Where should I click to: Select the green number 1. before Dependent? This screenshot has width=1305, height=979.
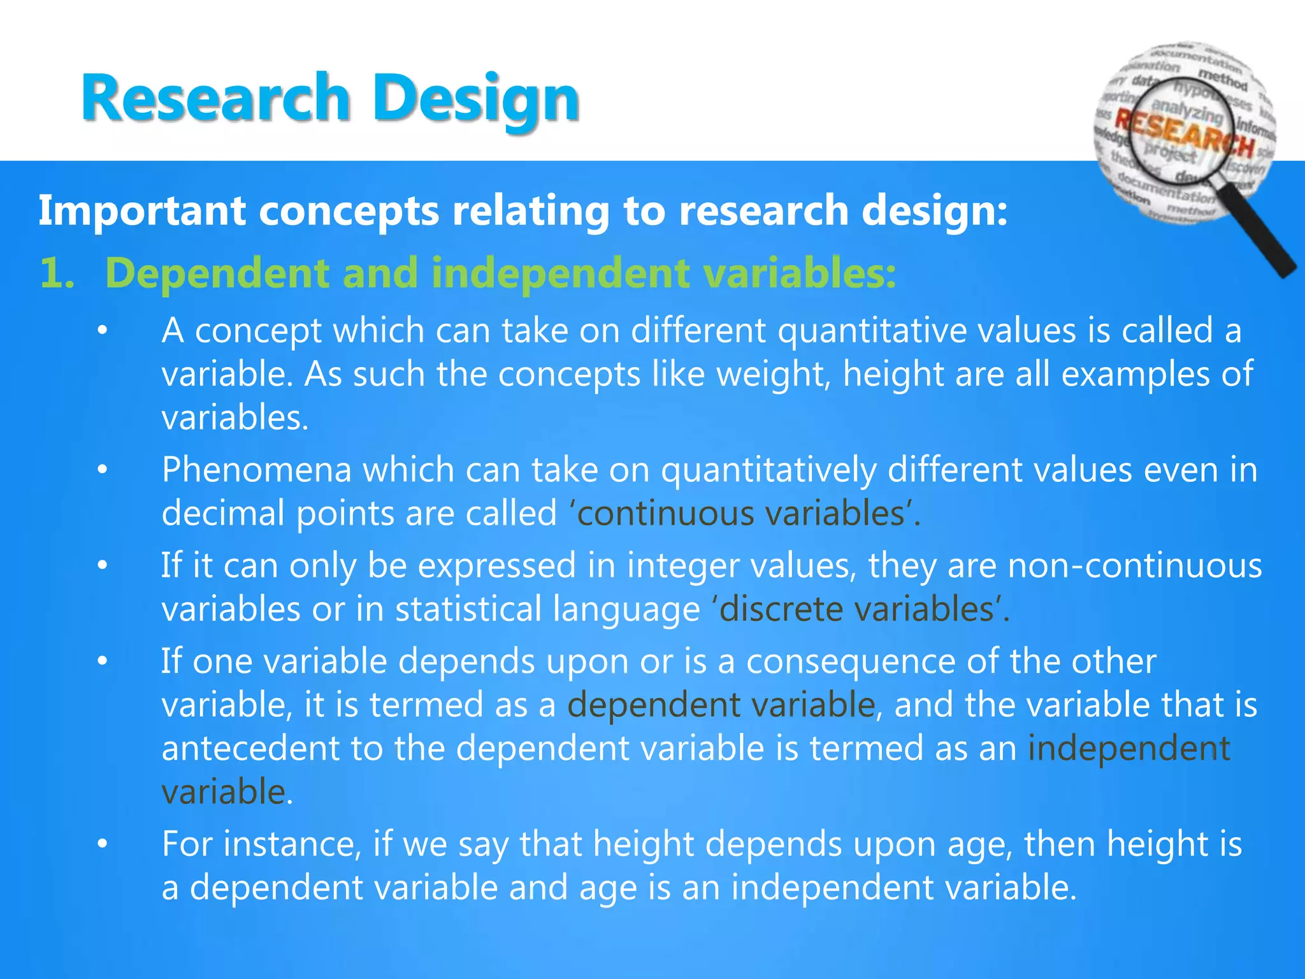(57, 273)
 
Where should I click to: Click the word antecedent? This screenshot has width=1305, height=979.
(250, 748)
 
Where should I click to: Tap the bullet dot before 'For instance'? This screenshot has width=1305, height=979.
(103, 845)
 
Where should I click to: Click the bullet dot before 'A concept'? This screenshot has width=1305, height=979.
(103, 331)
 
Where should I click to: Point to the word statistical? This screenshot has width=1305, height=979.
(468, 609)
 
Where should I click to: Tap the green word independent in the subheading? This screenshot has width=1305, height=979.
(561, 273)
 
